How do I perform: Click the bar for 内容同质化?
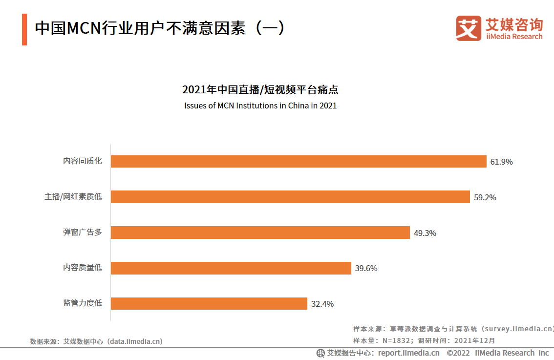pos(298,161)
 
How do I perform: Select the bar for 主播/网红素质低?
pos(290,197)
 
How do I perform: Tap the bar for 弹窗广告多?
pos(260,233)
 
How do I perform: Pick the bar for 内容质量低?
pos(231,268)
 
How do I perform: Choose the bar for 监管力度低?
pos(209,303)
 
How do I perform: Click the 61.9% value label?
pos(501,162)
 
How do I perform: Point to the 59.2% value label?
pos(485,197)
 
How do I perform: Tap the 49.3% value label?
pos(425,233)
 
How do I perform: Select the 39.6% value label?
pos(366,268)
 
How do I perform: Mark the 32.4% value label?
pos(322,304)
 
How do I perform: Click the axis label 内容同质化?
pos(82,161)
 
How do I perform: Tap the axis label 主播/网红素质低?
pos(73,196)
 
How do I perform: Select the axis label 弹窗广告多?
pos(82,232)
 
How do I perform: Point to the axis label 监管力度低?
pos(82,303)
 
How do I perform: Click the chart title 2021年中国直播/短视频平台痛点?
pos(260,90)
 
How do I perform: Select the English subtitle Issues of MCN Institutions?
pos(260,106)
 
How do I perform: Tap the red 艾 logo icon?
pos(469,28)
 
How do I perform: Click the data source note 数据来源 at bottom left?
pos(96,341)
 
